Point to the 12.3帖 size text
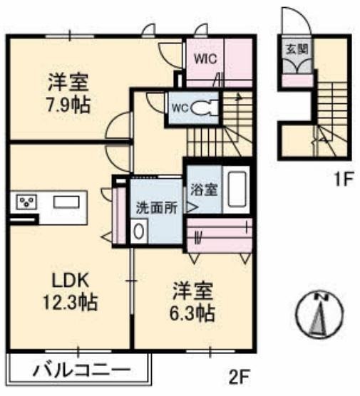(x=68, y=303)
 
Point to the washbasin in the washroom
(x=140, y=231)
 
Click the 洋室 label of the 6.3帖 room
(x=193, y=290)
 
